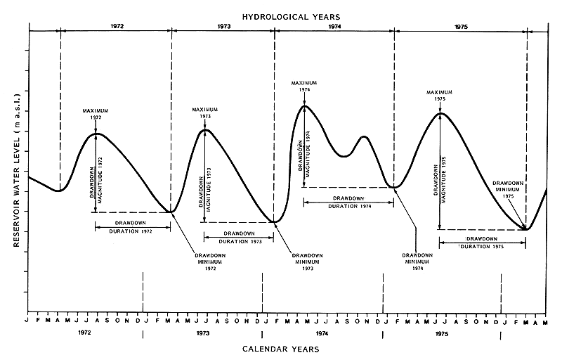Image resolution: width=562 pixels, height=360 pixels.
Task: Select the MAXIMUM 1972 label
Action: coord(96,114)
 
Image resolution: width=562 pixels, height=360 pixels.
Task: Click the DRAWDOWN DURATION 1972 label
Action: coord(133,226)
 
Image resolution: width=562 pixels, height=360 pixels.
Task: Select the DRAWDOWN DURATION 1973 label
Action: coord(239,238)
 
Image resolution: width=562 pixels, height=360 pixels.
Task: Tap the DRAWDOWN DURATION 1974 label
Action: coord(348,202)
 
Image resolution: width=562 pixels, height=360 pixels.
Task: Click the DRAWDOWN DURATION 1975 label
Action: coord(482,243)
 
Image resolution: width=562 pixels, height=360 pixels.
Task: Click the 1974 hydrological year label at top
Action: coord(334,26)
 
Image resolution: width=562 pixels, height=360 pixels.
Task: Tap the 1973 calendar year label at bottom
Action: coord(203,332)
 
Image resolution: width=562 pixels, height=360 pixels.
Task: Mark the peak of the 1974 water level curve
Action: coord(304,106)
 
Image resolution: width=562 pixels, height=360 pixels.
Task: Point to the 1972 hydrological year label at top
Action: coord(117,26)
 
